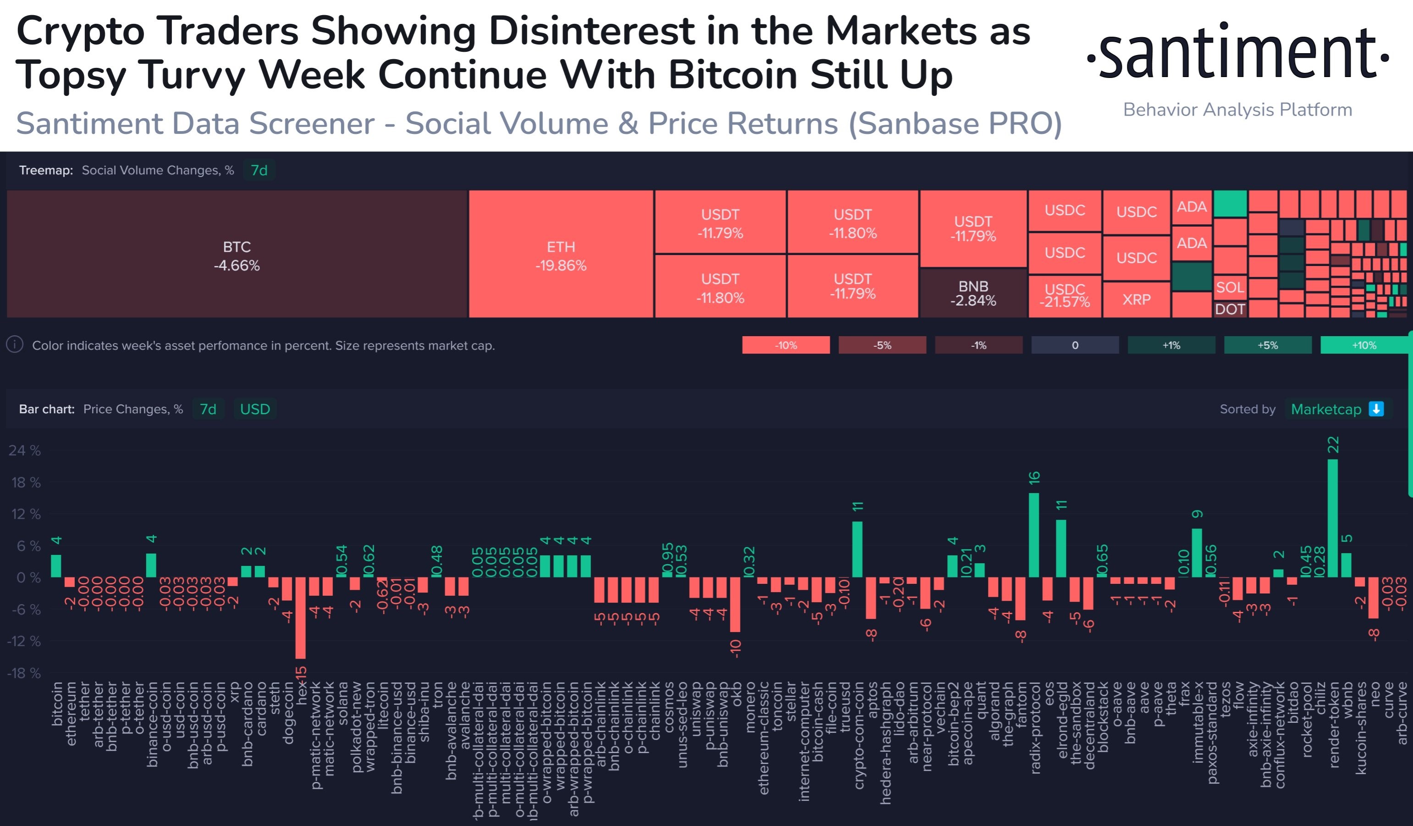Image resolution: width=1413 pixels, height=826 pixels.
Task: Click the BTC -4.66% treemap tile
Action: [237, 255]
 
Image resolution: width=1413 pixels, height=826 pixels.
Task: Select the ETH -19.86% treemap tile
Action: [561, 255]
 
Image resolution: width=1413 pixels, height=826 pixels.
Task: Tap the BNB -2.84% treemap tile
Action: [973, 293]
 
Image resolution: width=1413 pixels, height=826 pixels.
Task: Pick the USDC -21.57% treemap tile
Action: [1064, 295]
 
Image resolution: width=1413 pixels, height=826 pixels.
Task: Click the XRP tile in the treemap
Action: [1136, 299]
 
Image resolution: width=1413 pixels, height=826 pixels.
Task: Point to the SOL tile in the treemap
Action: [1230, 288]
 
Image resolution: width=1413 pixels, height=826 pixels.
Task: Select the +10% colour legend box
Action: [1363, 345]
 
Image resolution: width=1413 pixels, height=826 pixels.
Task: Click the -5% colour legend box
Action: [882, 345]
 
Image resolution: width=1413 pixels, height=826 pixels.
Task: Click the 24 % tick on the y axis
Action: [25, 450]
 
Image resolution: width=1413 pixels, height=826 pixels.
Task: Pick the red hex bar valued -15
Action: [301, 617]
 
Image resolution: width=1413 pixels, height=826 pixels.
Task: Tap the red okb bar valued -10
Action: [734, 604]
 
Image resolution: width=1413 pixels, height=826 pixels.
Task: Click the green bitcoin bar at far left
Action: [56, 566]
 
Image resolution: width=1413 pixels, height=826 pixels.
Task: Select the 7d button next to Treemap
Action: [259, 170]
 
